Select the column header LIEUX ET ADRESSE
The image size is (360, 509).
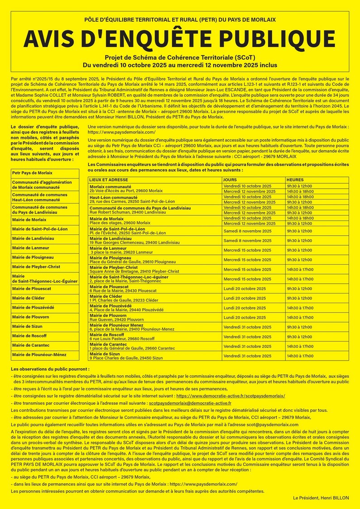coord(109,180)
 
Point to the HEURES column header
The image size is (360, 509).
coord(295,180)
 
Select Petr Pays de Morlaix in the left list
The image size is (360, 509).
coord(32,173)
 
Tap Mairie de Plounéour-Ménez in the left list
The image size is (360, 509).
coord(39,355)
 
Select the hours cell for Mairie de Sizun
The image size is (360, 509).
coord(299,356)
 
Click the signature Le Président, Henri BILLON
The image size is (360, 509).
coord(321,497)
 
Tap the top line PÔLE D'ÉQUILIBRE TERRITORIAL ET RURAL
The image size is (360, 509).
coord(180,20)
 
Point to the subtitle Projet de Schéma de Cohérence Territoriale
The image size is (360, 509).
coord(180,58)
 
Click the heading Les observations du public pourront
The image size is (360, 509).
coord(50,369)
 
